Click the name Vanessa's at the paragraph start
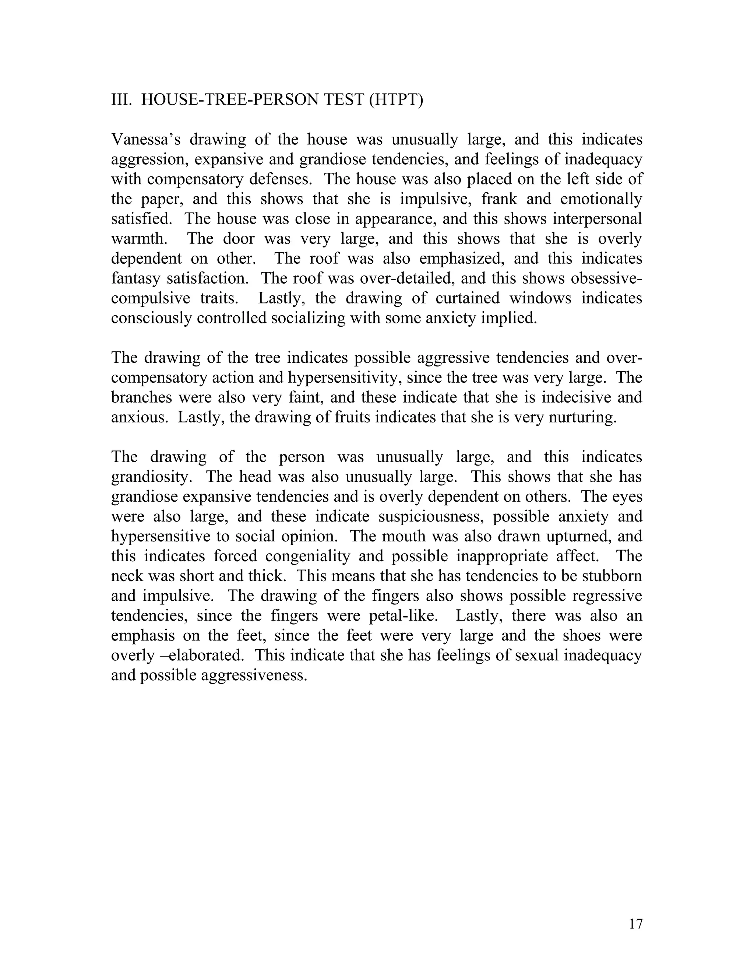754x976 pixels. (x=146, y=140)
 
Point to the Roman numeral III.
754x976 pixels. (x=121, y=100)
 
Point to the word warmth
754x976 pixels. (x=139, y=239)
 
